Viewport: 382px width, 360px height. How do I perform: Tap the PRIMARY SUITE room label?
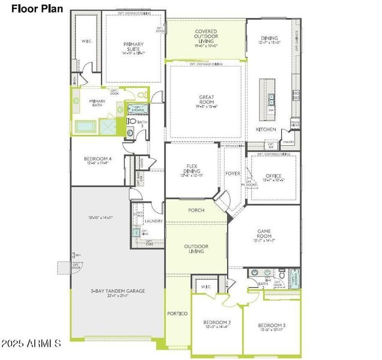pos(134,44)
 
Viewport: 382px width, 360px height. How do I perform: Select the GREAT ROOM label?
pos(207,100)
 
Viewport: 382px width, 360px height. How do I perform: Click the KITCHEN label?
pos(266,129)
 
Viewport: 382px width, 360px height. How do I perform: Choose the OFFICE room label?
pos(273,176)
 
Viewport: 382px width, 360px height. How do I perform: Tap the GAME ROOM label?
pos(265,234)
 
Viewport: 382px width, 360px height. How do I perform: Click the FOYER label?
pos(232,174)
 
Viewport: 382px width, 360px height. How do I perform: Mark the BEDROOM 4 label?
pos(97,159)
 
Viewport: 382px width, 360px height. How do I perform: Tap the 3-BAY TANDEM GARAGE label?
pos(117,291)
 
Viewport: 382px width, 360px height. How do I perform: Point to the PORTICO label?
pos(178,313)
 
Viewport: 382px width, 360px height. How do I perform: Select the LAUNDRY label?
pos(154,221)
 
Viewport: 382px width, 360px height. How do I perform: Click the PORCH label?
pos(196,210)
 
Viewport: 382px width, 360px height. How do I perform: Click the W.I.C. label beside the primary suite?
pos(86,41)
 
